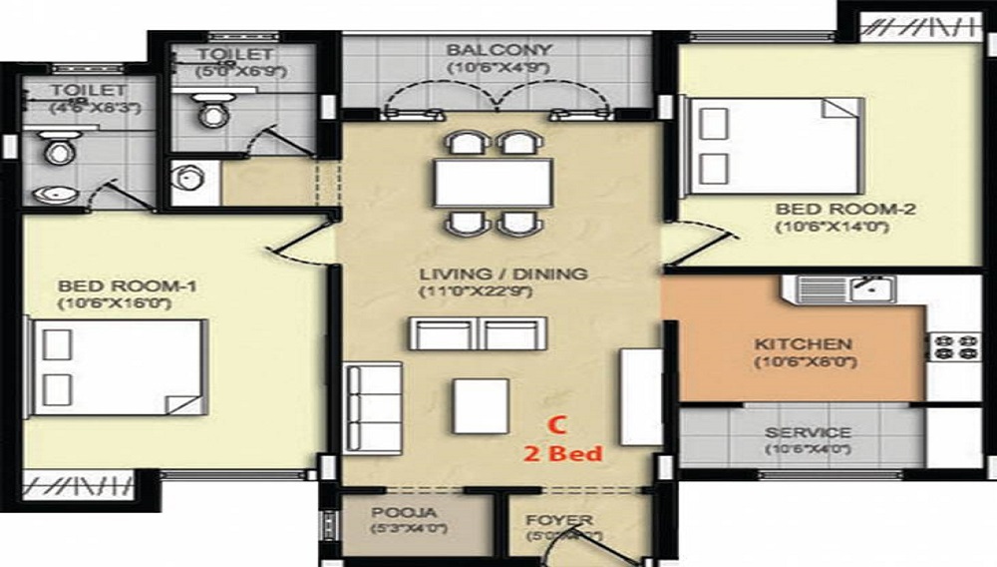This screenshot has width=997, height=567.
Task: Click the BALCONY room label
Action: pos(498,50)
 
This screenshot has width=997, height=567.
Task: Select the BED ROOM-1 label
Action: pos(127,286)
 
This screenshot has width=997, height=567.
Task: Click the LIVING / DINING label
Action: pos(502,274)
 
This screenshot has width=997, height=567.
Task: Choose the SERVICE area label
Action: pos(808,433)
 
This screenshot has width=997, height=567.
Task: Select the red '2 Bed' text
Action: pos(564,454)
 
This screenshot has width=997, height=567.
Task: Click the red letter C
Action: pos(560,424)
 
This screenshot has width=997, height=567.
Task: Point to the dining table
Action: pos(493,182)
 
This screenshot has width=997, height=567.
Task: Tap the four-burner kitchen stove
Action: pos(954,346)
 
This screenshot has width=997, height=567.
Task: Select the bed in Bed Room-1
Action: pos(118,368)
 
